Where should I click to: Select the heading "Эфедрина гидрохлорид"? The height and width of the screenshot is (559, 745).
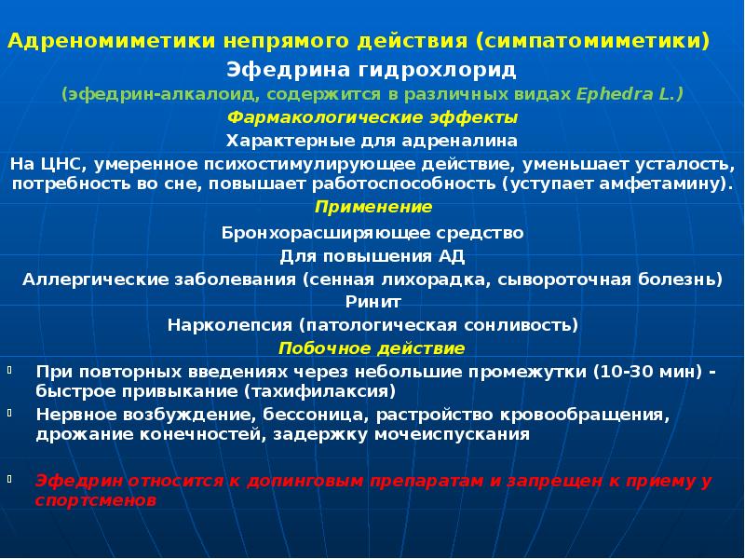click(372, 70)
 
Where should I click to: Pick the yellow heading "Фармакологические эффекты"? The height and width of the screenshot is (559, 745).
click(372, 118)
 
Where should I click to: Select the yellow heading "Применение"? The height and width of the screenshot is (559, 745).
click(372, 206)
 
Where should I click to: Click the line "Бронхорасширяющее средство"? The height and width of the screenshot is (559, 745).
click(372, 232)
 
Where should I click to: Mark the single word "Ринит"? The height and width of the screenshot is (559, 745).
click(372, 302)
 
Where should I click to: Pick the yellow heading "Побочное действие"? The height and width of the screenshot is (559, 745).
click(372, 348)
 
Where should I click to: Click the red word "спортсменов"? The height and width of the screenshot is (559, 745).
click(95, 499)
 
